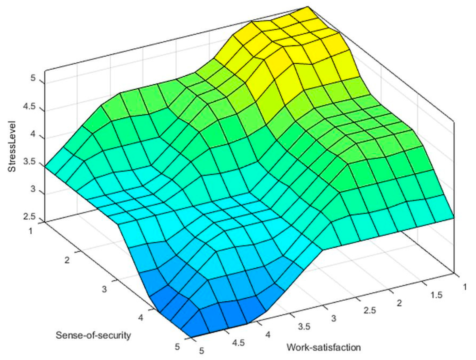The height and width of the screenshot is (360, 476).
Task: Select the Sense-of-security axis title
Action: coord(93,335)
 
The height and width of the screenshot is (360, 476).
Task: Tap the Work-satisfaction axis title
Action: coord(324,347)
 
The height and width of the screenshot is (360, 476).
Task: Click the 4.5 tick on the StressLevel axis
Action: coord(30,107)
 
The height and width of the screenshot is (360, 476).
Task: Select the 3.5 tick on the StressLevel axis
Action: coord(30,162)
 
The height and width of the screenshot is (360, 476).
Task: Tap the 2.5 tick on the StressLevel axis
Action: coord(30,217)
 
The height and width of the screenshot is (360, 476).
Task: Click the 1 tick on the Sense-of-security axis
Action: coord(30,231)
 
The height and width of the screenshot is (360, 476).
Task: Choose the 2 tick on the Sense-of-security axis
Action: coord(67,260)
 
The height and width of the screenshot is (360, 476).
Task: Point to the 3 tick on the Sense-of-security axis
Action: coord(104,289)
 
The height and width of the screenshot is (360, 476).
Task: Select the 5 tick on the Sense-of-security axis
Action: coord(178,347)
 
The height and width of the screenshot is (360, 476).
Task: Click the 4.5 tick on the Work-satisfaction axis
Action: coord(238,343)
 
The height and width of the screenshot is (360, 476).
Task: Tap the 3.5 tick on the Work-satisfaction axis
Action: coord(304,326)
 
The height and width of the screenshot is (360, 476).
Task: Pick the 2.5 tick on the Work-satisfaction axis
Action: coord(370,310)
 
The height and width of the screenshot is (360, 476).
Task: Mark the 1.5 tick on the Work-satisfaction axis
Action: coord(436,295)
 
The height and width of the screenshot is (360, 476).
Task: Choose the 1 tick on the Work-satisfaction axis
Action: coord(465,287)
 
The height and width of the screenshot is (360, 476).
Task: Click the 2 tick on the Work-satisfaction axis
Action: coord(399,303)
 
